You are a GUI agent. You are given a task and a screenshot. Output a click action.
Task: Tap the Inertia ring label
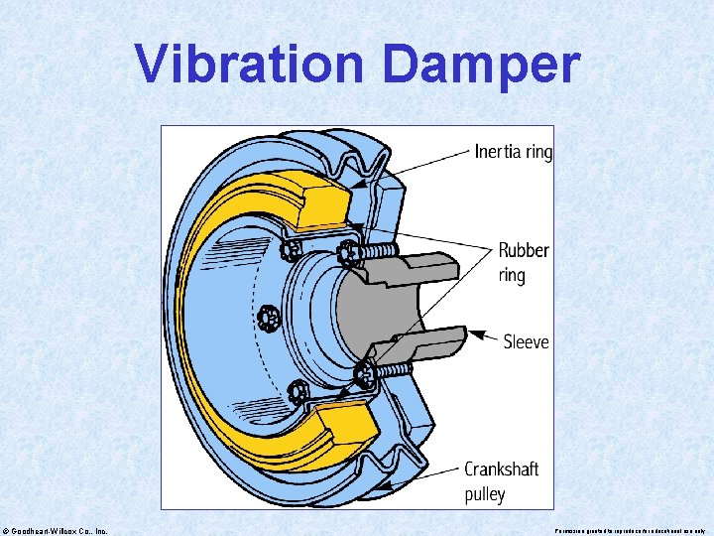[513, 152]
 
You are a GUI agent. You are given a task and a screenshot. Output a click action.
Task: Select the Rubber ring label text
[523, 262]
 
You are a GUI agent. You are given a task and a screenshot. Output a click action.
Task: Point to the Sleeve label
[526, 342]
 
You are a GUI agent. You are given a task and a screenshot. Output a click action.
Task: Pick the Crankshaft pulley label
[502, 480]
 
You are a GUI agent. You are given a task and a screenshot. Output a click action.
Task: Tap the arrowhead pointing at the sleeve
[475, 335]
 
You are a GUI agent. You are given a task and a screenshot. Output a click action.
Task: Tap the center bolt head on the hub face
[267, 318]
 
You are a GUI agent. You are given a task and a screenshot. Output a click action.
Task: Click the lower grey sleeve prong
[421, 344]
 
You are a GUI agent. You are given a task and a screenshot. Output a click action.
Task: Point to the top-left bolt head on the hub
[293, 247]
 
